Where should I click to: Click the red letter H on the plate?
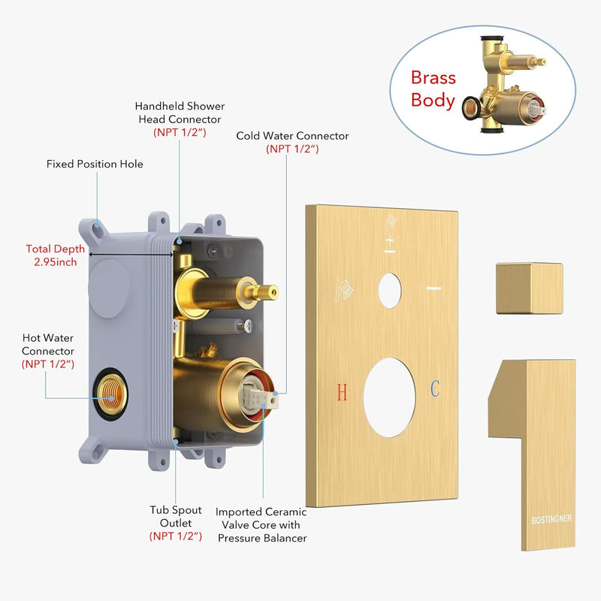coord(342,391)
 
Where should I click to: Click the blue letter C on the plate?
coord(435,388)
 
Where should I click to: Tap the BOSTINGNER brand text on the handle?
coord(551,519)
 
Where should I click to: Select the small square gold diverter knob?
coord(530,288)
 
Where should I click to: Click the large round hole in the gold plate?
coord(389,397)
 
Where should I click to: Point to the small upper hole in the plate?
coord(389,291)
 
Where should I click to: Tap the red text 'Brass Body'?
coord(433,89)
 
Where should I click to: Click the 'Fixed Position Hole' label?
coord(95,164)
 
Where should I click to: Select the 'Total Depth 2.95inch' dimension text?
coord(55,255)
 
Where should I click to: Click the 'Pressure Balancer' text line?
coord(262,538)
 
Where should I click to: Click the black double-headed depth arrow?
coord(131,254)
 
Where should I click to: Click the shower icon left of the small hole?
coord(345,291)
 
